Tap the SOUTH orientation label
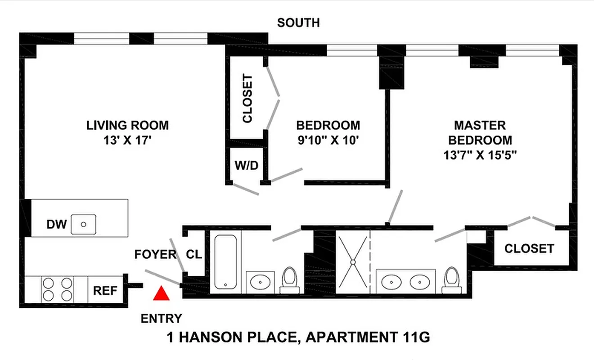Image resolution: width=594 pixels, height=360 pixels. (298, 22)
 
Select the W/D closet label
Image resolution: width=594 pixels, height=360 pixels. (246, 166)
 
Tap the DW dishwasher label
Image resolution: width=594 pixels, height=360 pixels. (57, 224)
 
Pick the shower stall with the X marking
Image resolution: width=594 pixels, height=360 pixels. (353, 261)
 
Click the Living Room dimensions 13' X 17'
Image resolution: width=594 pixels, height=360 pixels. (127, 140)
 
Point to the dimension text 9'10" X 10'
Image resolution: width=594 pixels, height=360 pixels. (328, 140)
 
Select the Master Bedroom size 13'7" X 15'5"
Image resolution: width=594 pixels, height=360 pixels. (479, 155)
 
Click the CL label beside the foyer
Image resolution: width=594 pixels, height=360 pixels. (194, 255)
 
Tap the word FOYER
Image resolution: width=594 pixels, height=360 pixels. (155, 255)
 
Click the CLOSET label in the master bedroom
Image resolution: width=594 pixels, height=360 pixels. (529, 248)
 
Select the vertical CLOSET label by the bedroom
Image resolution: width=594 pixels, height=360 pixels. (247, 99)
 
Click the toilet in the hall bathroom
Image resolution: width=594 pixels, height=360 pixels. (288, 280)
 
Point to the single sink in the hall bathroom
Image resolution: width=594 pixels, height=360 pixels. (261, 282)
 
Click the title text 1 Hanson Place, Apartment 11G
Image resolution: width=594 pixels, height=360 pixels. (298, 337)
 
